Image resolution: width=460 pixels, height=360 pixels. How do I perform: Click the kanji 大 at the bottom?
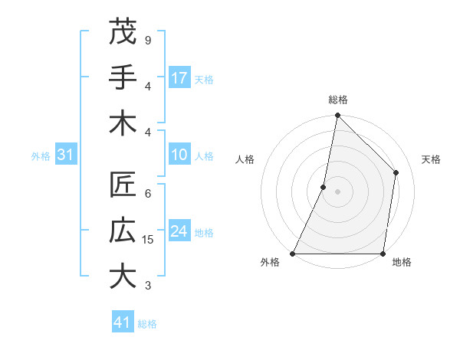pos(123,277)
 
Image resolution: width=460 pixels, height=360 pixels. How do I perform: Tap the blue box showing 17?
pos(179,77)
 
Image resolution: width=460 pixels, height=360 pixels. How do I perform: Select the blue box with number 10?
pos(179,155)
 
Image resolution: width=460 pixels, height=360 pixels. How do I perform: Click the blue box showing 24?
pos(179,231)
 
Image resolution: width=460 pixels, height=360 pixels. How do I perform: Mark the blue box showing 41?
pos(123,322)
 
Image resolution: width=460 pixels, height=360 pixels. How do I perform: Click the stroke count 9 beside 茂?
pos(148,40)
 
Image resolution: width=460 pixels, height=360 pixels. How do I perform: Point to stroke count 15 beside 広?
pos(149,240)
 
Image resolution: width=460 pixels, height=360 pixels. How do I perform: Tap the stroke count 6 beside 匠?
pos(148,194)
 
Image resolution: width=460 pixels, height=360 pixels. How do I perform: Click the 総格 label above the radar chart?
pos(337,100)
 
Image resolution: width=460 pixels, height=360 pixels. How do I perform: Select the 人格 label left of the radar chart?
pos(245,159)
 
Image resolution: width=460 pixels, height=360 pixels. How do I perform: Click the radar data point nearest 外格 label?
pos(293,254)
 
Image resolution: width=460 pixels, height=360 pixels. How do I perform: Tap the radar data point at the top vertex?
pos(337,115)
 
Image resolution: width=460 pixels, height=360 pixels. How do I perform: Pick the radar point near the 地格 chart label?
pos(383,254)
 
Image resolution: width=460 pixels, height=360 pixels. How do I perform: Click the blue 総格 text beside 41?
pos(147,324)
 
